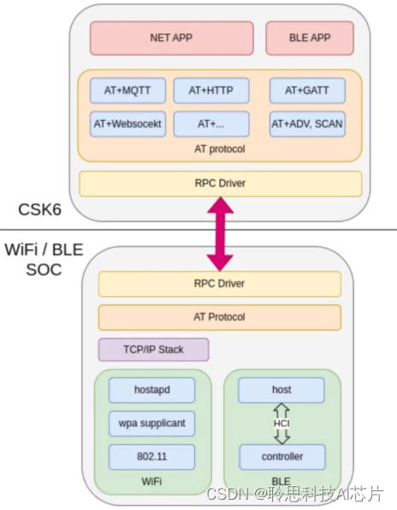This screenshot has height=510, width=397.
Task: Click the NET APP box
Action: pyautogui.click(x=172, y=38)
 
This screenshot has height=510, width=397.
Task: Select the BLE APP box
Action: pyautogui.click(x=310, y=38)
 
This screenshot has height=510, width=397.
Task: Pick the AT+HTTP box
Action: pyautogui.click(x=211, y=90)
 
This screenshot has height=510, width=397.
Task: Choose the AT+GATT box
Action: pyautogui.click(x=307, y=90)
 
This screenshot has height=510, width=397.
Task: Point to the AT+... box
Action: pyautogui.click(x=211, y=123)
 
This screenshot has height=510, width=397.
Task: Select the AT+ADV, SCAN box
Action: pyautogui.click(x=307, y=123)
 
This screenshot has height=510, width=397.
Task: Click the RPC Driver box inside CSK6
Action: pyautogui.click(x=220, y=182)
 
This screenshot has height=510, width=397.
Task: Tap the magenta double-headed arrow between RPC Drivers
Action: pyautogui.click(x=220, y=234)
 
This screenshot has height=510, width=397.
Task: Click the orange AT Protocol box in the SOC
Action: pyautogui.click(x=220, y=317)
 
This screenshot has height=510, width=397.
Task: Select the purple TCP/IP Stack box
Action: pyautogui.click(x=153, y=349)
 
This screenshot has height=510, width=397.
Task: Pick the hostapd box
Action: pyautogui.click(x=151, y=390)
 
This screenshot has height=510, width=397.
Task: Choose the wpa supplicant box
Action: pyautogui.click(x=151, y=423)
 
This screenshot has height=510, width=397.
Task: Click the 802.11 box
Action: pyautogui.click(x=151, y=455)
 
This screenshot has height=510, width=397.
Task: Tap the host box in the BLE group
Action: pyautogui.click(x=281, y=390)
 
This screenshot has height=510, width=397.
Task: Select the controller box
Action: pyautogui.click(x=281, y=455)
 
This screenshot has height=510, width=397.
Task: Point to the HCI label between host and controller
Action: pyautogui.click(x=281, y=423)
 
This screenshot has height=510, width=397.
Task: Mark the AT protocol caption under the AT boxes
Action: pyautogui.click(x=220, y=149)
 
